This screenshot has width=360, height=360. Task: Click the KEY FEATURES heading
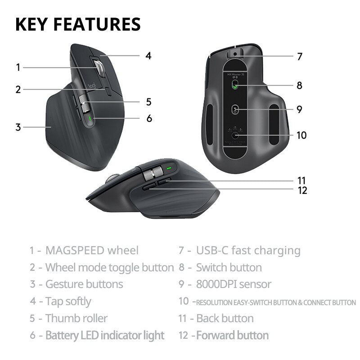coord(78,24)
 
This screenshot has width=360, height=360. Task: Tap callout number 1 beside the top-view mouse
coord(18,67)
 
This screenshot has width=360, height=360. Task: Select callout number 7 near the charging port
coord(300,57)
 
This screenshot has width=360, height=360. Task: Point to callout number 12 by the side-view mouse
coord(302,190)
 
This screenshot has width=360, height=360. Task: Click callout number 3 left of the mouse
coord(18,127)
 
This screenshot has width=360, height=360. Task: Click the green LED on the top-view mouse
coord(90,119)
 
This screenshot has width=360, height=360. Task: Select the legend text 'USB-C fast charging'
coord(248,251)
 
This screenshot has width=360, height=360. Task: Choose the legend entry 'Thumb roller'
coord(76,319)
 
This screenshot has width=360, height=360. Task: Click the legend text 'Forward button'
coord(232,335)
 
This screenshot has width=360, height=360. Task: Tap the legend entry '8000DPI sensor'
coord(234,284)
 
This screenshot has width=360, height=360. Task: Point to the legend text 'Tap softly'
coord(68,301)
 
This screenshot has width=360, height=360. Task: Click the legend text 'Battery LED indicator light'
coord(104,335)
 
